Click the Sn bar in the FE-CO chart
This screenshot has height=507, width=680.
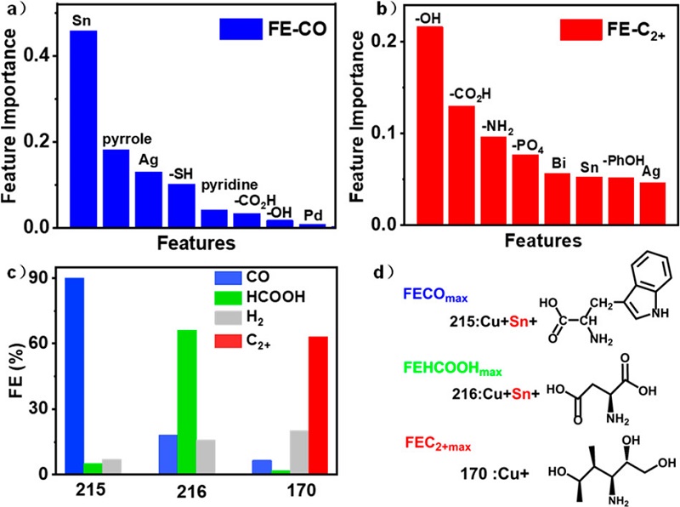click(83, 128)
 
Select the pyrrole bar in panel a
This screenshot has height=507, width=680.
click(116, 188)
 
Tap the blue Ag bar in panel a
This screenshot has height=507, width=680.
click(148, 199)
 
